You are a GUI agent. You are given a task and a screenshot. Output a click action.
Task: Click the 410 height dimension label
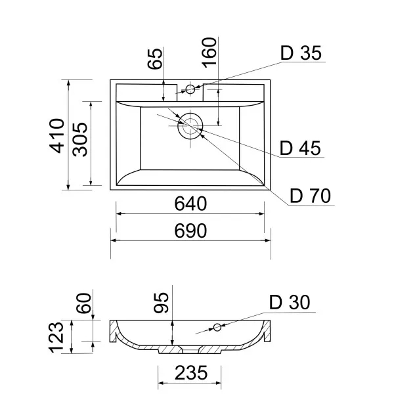click(56, 136)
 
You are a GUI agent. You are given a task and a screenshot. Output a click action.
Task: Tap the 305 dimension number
click(80, 140)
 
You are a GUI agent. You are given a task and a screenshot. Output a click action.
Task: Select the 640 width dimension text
click(190, 204)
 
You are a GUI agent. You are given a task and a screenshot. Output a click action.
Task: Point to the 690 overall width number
click(190, 231)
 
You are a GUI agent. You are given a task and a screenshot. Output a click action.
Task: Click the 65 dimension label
click(155, 59)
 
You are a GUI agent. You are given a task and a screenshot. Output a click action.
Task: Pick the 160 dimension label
click(209, 53)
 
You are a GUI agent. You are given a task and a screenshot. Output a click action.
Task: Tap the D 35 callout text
click(301, 53)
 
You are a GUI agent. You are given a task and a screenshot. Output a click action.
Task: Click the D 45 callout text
click(300, 148)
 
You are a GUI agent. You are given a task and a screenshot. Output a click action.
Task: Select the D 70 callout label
click(311, 196)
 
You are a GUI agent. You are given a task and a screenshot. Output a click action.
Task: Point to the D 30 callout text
click(290, 302)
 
